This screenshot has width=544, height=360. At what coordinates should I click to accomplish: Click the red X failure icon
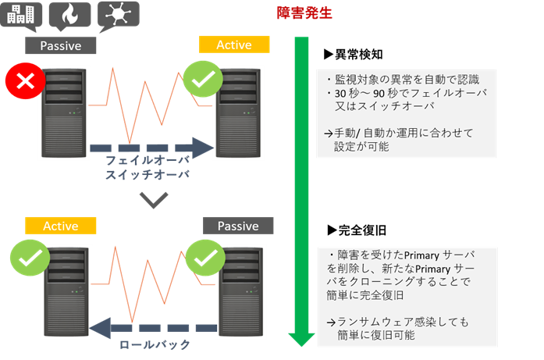click(25, 81)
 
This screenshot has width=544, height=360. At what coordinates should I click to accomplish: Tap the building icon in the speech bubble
click(21, 14)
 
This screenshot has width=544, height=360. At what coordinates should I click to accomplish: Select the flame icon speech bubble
click(69, 16)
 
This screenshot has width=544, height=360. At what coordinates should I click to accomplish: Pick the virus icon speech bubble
click(119, 16)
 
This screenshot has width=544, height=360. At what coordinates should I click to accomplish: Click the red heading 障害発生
click(304, 13)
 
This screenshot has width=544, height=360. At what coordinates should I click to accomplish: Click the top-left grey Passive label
click(60, 45)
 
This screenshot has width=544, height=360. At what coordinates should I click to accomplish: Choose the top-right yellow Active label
click(234, 45)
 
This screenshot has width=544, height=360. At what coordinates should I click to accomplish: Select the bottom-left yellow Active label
click(60, 226)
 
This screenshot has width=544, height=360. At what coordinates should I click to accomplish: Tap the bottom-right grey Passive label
click(238, 226)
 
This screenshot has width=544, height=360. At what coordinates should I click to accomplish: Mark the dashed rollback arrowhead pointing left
click(100, 328)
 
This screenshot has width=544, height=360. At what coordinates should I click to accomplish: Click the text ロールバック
click(155, 344)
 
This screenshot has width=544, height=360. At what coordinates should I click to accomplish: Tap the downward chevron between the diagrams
click(154, 201)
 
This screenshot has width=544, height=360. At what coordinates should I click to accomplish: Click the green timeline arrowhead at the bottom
click(301, 340)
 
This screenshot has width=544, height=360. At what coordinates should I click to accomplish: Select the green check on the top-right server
click(203, 79)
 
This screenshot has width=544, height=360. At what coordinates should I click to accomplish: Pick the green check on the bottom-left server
click(30, 258)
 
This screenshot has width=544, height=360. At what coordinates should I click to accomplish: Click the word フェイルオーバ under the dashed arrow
click(148, 160)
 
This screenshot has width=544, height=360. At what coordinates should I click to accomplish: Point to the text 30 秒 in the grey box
click(347, 94)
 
